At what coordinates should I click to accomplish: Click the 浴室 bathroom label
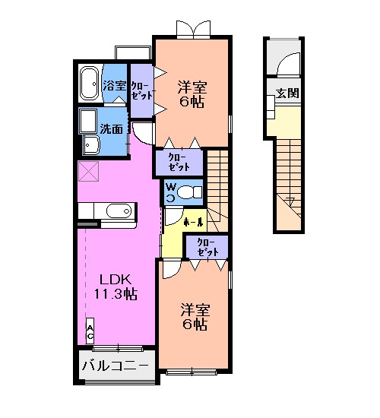click(x=115, y=86)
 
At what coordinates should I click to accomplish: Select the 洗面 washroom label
click(x=112, y=128)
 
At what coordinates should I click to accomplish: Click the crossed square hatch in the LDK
click(x=88, y=172)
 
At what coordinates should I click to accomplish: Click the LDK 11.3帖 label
click(x=114, y=287)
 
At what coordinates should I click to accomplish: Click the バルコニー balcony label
click(x=116, y=366)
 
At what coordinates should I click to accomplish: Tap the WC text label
click(x=170, y=190)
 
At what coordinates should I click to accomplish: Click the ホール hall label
click(x=194, y=223)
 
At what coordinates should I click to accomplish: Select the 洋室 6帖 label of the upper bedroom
click(x=192, y=93)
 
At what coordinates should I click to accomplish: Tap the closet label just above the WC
click(x=179, y=160)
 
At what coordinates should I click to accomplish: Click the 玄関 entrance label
click(x=287, y=94)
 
